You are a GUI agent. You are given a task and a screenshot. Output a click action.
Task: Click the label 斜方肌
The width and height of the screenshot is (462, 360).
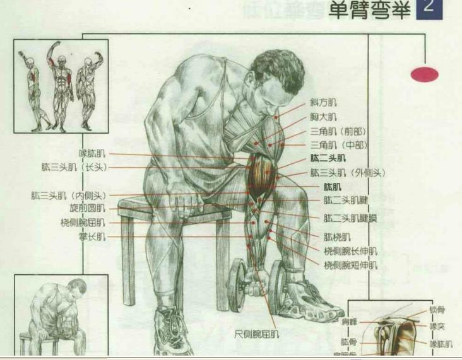point(323,103)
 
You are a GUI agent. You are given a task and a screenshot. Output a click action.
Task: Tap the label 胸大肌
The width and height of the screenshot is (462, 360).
point(323,117)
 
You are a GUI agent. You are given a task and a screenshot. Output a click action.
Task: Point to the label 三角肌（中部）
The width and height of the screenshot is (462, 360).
point(338,145)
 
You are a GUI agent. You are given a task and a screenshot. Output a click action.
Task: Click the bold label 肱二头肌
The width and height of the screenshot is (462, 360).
point(328,158)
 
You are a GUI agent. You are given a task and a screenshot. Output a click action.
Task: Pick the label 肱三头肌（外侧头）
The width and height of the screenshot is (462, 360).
point(347,172)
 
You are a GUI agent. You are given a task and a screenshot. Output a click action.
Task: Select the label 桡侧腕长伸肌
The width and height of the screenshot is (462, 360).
point(350,251)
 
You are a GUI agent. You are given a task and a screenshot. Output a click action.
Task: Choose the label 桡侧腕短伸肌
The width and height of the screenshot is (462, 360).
point(350,265)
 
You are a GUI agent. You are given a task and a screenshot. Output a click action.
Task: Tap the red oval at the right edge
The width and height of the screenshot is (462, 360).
point(425,74)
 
